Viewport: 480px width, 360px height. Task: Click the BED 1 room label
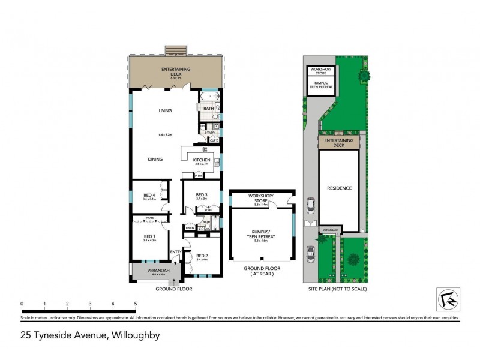pyautogui.click(x=150, y=236)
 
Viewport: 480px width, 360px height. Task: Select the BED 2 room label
pyautogui.click(x=202, y=255)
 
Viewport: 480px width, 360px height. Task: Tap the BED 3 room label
pyautogui.click(x=202, y=195)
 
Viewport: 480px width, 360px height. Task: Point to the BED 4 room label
pyautogui.click(x=149, y=195)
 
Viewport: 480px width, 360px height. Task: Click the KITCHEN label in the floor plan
pyautogui.click(x=201, y=160)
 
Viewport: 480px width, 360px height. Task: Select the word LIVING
pyautogui.click(x=165, y=111)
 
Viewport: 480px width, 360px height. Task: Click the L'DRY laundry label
pyautogui.click(x=210, y=133)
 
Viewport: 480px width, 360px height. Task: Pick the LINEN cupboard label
pyautogui.click(x=190, y=227)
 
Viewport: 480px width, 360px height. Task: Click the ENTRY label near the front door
pyautogui.click(x=176, y=252)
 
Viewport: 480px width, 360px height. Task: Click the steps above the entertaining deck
pyautogui.click(x=176, y=49)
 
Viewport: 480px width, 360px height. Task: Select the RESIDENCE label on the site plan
pyautogui.click(x=339, y=188)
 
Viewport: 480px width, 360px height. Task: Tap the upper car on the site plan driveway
pyautogui.click(x=310, y=206)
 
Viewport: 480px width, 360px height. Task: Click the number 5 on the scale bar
pyautogui.click(x=136, y=304)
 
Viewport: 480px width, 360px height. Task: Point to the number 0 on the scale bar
pyautogui.click(x=22, y=304)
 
